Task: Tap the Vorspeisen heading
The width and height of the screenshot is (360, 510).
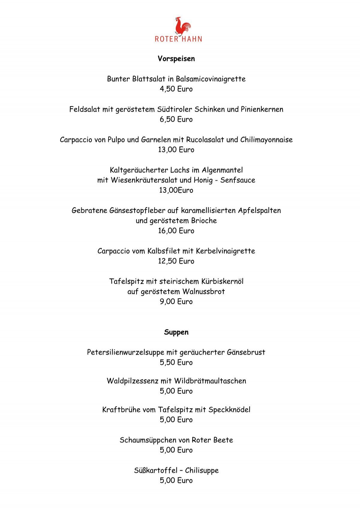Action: [176, 58]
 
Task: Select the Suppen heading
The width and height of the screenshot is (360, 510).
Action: [176, 332]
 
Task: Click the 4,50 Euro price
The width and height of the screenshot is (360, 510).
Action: [176, 89]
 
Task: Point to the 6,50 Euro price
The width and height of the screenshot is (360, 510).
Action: [176, 119]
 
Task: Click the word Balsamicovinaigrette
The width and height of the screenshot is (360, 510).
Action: [211, 79]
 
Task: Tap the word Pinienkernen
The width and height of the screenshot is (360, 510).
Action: [262, 109]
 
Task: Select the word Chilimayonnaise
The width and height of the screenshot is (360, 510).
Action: [266, 140]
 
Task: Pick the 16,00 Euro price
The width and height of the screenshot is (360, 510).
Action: [176, 231]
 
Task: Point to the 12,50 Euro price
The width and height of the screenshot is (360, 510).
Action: [176, 261]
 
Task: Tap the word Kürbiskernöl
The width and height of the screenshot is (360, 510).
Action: [222, 281]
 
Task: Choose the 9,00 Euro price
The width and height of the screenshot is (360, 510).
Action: [176, 301]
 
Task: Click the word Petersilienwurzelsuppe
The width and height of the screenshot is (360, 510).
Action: [126, 352]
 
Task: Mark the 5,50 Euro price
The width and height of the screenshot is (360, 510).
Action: [176, 362]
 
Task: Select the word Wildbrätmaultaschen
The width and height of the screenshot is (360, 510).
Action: [210, 381]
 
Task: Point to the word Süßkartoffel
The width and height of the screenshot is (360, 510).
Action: [156, 470]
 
